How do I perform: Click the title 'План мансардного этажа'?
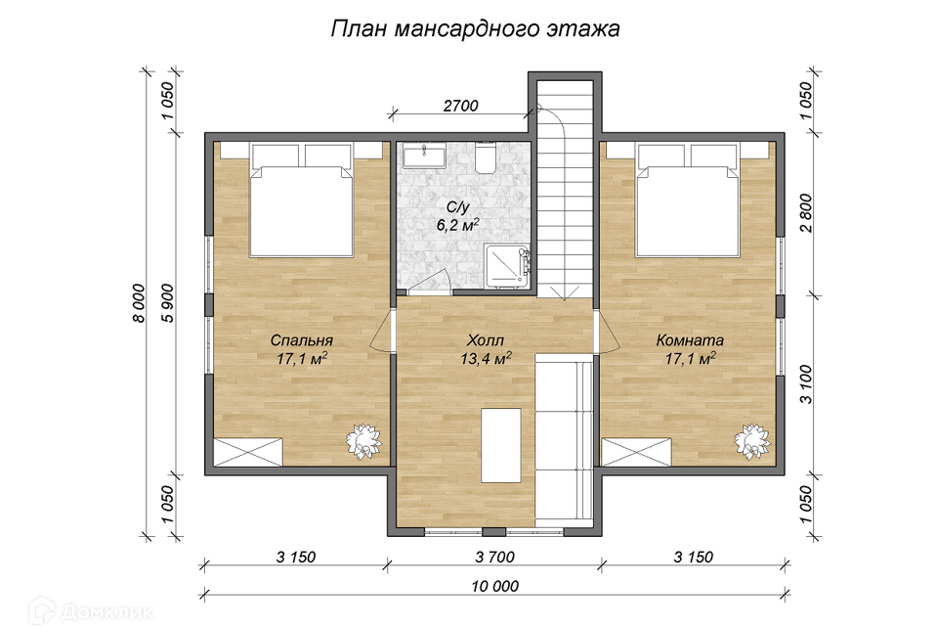coord(475,28)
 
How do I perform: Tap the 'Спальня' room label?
coord(302,340)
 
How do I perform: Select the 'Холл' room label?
coord(486,340)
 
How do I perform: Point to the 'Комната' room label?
coord(690,340)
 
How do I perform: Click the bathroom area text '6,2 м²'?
coord(458,225)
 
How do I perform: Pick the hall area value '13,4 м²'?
coord(486,358)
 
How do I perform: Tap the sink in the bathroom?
coord(423,156)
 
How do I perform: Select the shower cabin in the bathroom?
coord(507,265)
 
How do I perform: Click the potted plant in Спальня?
coord(363,441)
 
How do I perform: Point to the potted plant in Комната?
coord(752,441)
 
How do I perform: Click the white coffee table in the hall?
coord(501,445)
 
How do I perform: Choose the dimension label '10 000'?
coord(494,587)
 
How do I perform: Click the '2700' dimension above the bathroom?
coord(460,106)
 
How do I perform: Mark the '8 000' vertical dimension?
coord(138,302)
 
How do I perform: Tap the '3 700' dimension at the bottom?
coord(494,558)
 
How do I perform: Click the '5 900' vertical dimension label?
coord(169,302)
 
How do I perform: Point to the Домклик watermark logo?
coord(90,611)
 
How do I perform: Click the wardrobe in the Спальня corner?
coord(248,452)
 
